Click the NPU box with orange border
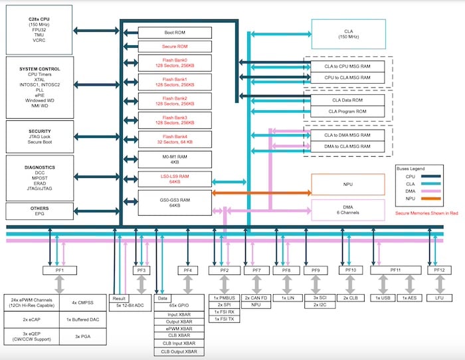click(x=348, y=185)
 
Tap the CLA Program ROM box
click(x=345, y=110)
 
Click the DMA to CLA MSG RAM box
click(x=345, y=145)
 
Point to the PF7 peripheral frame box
click(x=256, y=270)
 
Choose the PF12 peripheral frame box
click(x=439, y=270)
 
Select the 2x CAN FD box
click(x=256, y=299)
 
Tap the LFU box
click(x=439, y=299)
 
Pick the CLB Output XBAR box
click(x=181, y=351)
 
